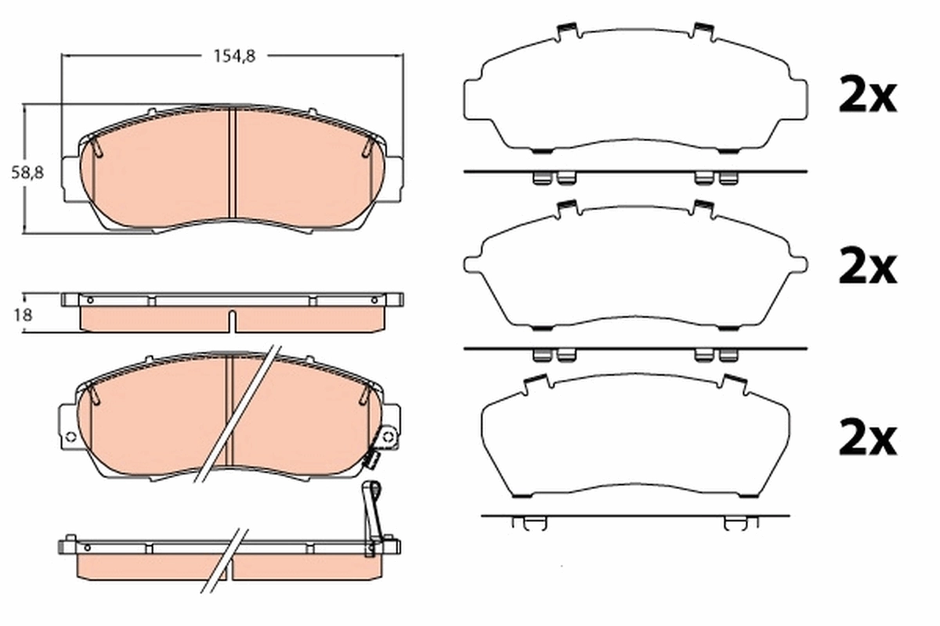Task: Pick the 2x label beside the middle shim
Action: pyautogui.click(x=866, y=268)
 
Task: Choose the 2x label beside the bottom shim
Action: pyautogui.click(x=866, y=441)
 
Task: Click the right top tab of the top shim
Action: pyautogui.click(x=703, y=31)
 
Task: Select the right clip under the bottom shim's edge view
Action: pyautogui.click(x=736, y=523)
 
